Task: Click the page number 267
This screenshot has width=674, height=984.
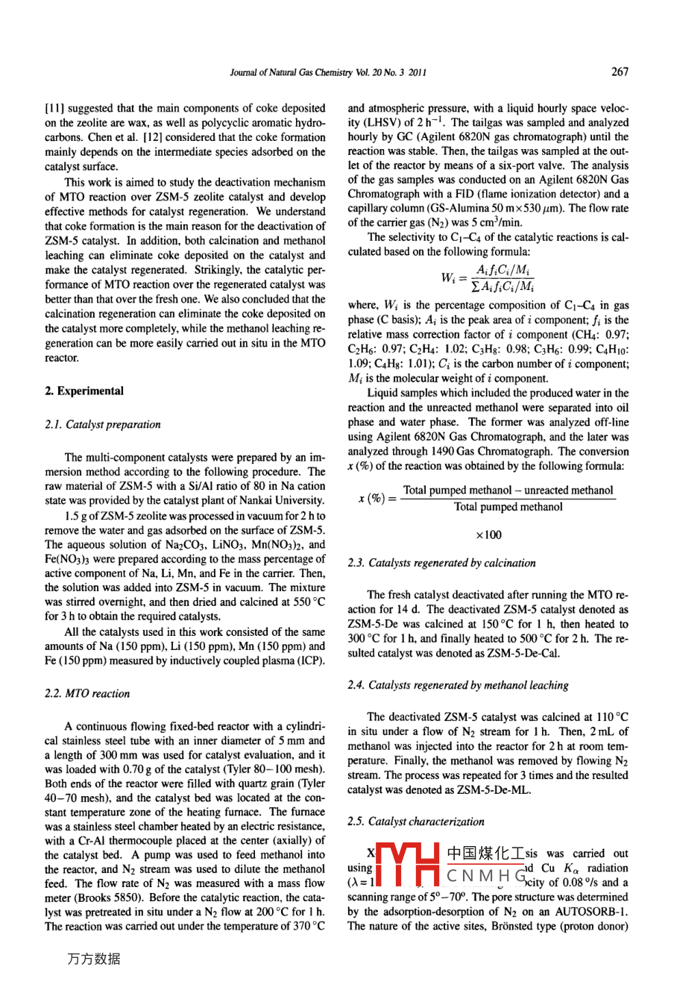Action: click(x=620, y=72)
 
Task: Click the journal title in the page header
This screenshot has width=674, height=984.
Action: click(x=328, y=73)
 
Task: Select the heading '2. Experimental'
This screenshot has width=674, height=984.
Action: click(x=84, y=391)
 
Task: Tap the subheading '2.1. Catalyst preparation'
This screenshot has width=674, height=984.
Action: click(x=103, y=424)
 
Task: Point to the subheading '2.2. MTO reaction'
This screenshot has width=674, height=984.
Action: click(x=87, y=693)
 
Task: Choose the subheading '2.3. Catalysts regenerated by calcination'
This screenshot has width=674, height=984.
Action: click(x=441, y=563)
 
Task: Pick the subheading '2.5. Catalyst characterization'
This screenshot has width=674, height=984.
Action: click(x=416, y=821)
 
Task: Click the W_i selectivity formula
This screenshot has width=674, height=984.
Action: click(x=488, y=278)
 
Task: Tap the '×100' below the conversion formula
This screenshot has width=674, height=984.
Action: click(x=488, y=534)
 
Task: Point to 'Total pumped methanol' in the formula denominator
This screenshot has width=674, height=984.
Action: click(x=508, y=508)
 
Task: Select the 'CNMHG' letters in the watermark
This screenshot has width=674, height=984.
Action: click(x=485, y=875)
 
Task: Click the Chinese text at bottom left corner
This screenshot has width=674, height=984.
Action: click(x=93, y=959)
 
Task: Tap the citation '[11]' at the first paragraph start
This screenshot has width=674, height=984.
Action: click(x=54, y=108)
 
